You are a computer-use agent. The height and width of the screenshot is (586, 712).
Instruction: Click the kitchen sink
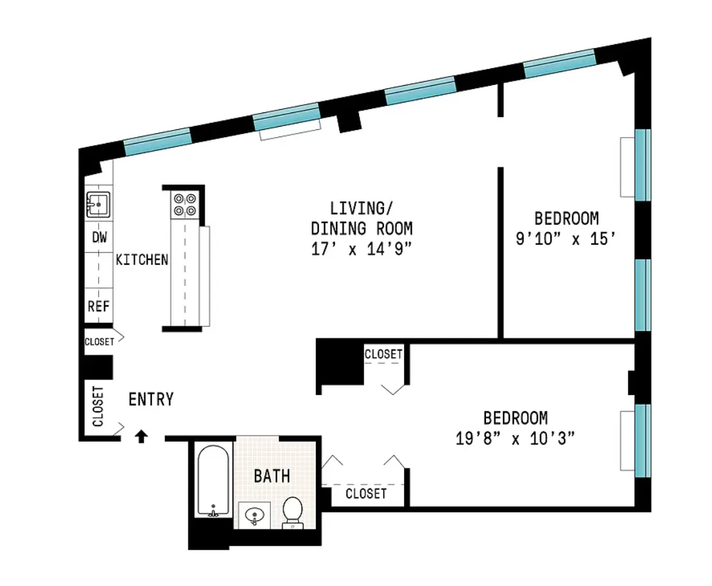click(x=98, y=204)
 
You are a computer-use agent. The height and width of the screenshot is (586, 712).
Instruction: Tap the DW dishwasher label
click(x=99, y=238)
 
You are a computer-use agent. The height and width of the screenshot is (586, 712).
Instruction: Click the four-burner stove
click(x=184, y=205)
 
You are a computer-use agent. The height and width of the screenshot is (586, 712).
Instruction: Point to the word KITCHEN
click(x=142, y=260)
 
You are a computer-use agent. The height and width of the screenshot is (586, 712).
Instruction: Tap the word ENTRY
click(x=151, y=399)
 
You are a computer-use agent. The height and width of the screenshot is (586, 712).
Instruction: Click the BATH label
click(x=272, y=476)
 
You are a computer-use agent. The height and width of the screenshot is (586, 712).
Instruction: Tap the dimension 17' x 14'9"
click(x=362, y=249)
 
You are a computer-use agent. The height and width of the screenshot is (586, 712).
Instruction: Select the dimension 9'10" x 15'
click(x=565, y=238)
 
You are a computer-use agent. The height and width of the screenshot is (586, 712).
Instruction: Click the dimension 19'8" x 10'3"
click(x=515, y=439)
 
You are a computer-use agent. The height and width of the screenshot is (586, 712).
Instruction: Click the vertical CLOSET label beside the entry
click(x=98, y=407)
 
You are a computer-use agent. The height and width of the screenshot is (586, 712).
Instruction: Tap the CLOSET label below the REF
click(x=99, y=342)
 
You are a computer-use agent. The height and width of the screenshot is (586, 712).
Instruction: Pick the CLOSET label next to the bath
click(x=366, y=494)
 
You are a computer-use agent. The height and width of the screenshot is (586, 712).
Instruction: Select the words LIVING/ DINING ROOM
click(x=362, y=219)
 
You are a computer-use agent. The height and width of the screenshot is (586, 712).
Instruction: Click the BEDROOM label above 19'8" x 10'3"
click(x=515, y=418)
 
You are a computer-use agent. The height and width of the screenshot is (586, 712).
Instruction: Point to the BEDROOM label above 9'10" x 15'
click(x=566, y=218)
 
